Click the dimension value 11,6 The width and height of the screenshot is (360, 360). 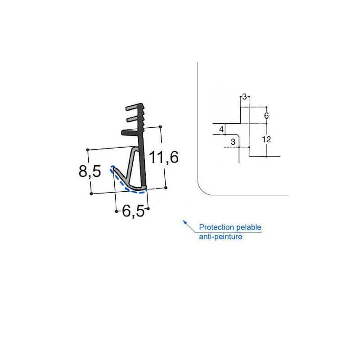point(164,157)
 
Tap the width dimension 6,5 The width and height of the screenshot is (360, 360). point(133,210)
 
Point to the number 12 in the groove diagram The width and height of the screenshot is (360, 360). point(266,139)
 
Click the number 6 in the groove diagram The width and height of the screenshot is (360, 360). point(266,116)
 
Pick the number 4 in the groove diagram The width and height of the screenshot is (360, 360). point(221,130)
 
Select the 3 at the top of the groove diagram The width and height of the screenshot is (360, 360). point(244,96)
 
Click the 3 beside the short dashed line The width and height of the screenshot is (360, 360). point(233,142)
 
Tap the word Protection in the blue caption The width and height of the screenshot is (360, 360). point(216,228)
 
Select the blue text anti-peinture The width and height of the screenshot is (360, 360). point(220,236)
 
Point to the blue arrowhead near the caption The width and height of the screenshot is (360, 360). point(184,221)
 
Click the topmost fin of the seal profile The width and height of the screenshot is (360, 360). point(134,109)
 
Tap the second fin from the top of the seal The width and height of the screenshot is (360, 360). point(134,119)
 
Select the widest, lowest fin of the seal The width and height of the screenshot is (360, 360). point(130,132)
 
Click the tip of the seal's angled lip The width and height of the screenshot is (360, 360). point(113,170)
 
